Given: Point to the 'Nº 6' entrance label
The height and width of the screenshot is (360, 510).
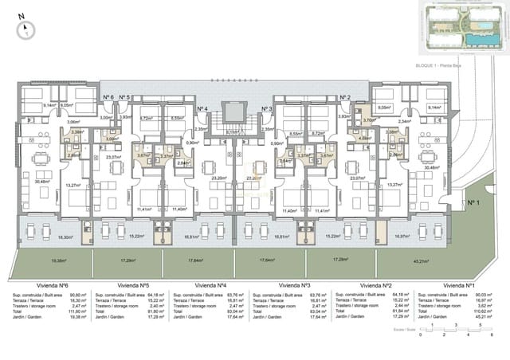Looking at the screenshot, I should point(108,97).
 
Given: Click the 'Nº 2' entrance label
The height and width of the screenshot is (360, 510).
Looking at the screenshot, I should point(345,97).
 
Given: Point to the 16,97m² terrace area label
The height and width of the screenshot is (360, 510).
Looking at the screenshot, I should point(402,237).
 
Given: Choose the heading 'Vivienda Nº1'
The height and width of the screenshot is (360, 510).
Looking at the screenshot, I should point(459,284).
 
